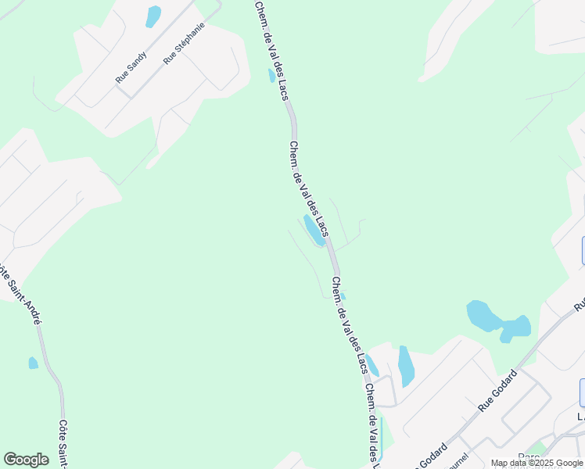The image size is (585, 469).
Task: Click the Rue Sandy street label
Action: [x=131, y=67]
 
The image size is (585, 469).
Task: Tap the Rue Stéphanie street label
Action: [x=185, y=42]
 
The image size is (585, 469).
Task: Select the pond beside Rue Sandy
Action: [x=153, y=16]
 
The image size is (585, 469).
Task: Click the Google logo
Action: [x=26, y=459]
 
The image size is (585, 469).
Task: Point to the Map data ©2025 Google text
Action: [x=537, y=463]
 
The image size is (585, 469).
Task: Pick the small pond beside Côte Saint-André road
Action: [x=33, y=363]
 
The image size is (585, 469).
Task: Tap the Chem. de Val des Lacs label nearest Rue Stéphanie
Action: [x=271, y=51]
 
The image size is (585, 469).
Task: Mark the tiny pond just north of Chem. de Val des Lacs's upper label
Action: [x=271, y=76]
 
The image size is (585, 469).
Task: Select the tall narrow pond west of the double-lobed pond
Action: [x=405, y=365]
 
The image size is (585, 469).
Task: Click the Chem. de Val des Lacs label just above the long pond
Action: [x=308, y=188]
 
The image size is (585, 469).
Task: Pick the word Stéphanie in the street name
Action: [x=189, y=38]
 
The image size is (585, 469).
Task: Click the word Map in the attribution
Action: [x=500, y=463]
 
